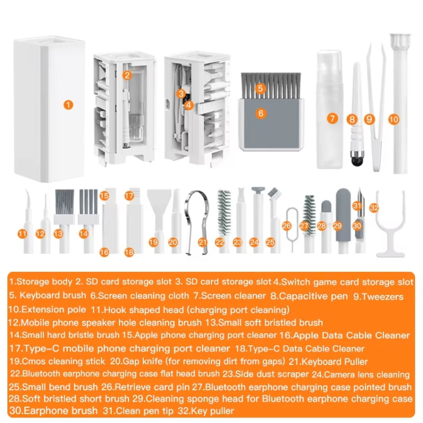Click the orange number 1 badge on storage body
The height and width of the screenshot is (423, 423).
click(x=68, y=104)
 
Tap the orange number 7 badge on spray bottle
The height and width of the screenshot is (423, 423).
click(x=333, y=119)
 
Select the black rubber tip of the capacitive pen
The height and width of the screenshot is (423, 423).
click(x=355, y=161)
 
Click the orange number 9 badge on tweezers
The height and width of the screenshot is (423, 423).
click(x=369, y=119)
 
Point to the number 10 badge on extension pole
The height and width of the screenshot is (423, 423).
click(x=394, y=119)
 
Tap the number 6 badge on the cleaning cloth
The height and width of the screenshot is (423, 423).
click(x=260, y=113)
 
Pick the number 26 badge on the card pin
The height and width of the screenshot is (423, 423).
click(x=287, y=226)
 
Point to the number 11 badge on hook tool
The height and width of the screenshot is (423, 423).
click(x=22, y=233)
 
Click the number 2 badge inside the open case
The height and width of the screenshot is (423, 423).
click(x=127, y=74)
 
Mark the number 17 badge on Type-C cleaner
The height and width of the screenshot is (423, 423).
click(x=129, y=196)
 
